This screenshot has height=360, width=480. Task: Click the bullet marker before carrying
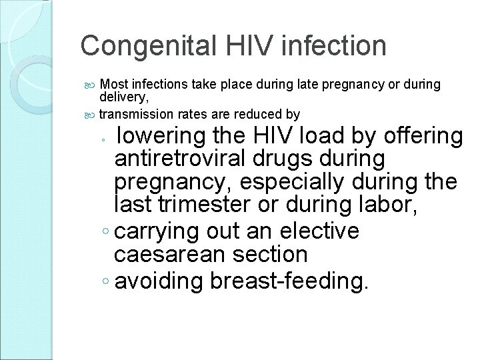108,232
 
